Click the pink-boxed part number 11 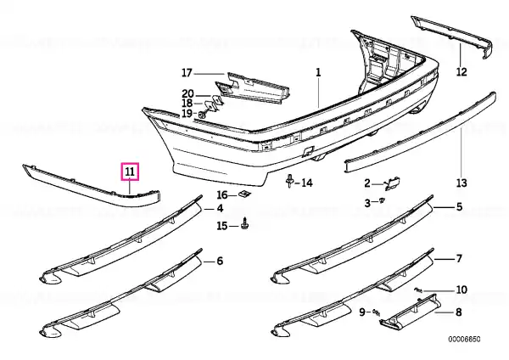pyautogui.click(x=130, y=172)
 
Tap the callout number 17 pyautogui.click(x=187, y=73)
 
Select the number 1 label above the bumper pyautogui.click(x=318, y=72)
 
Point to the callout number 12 pyautogui.click(x=461, y=71)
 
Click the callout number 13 pyautogui.click(x=461, y=183)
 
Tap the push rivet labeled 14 pyautogui.click(x=289, y=182)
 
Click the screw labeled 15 pyautogui.click(x=245, y=224)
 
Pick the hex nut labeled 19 pyautogui.click(x=202, y=115)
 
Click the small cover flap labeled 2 pyautogui.click(x=393, y=183)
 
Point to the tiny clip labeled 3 pyautogui.click(x=382, y=200)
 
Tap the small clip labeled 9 pyautogui.click(x=376, y=312)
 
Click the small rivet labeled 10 pyautogui.click(x=418, y=290)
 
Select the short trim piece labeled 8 pyautogui.click(x=411, y=311)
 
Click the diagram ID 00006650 pyautogui.click(x=464, y=340)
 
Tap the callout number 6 pyautogui.click(x=220, y=261)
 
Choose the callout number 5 pyautogui.click(x=459, y=206)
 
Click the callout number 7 pyautogui.click(x=459, y=259)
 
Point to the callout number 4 pyautogui.click(x=220, y=208)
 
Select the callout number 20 pyautogui.click(x=187, y=94)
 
